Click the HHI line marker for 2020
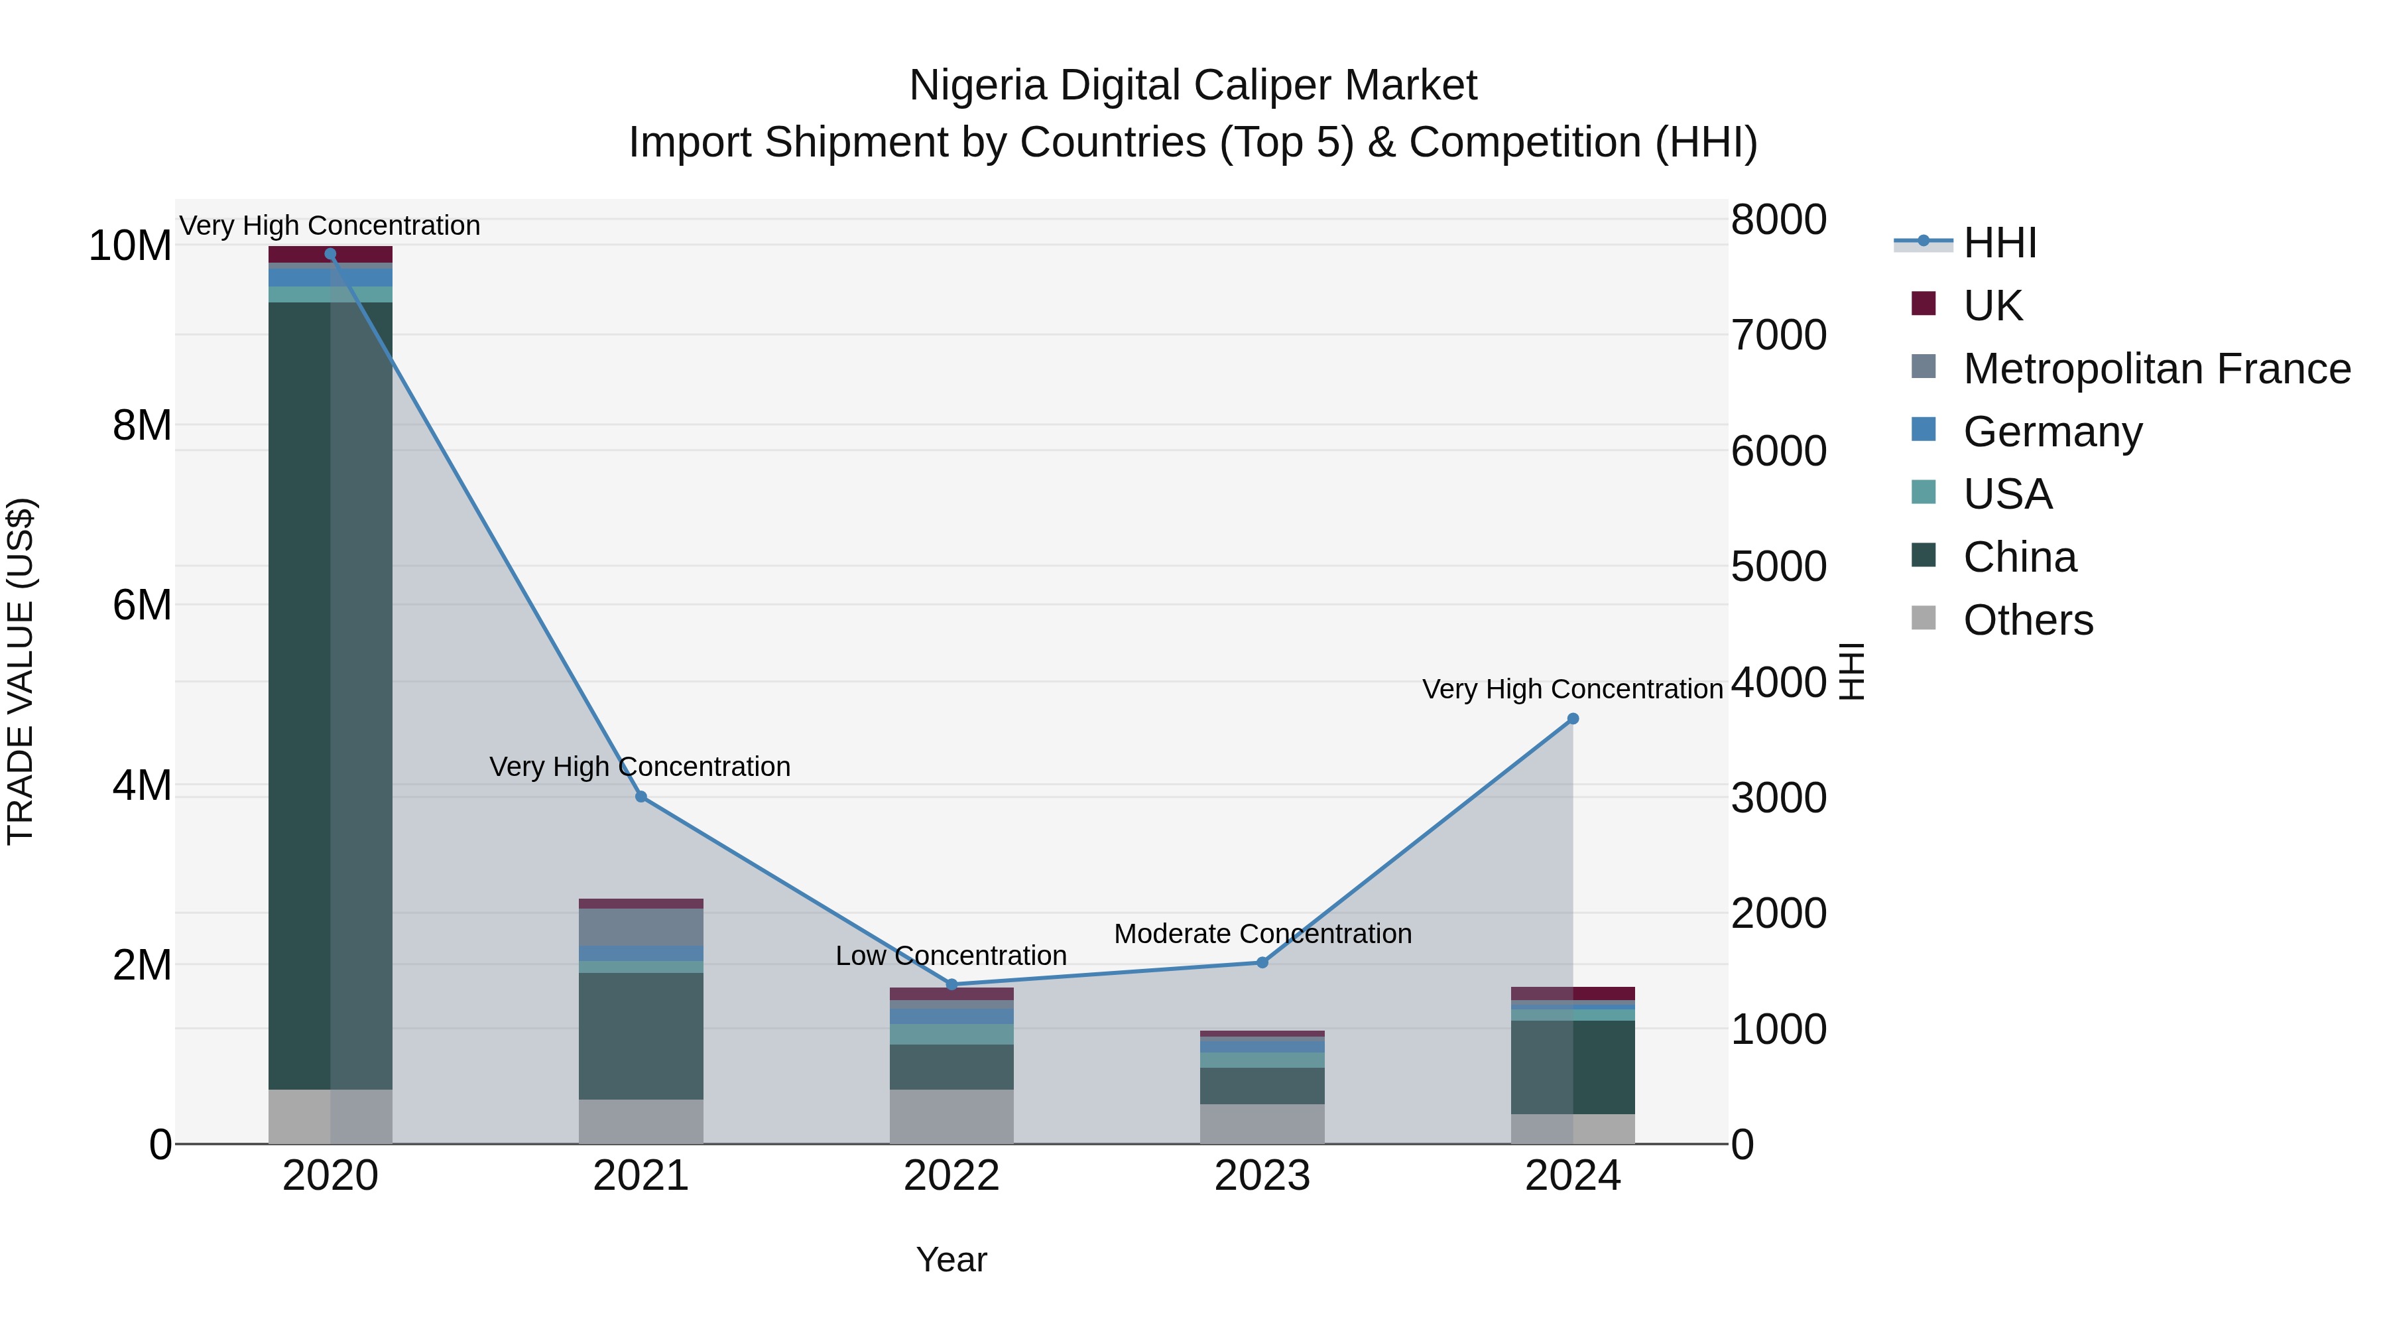330,254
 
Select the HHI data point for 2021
641,797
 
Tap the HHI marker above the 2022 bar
951,984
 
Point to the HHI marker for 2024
1573,718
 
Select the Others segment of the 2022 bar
951,1116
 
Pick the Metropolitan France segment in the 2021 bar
641,927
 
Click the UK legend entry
1992,305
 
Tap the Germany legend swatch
1924,430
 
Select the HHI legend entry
2000,243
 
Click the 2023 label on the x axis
1262,1176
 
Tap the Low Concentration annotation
951,956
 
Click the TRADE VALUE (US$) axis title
21,671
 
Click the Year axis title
951,1259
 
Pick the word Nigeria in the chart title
979,86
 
